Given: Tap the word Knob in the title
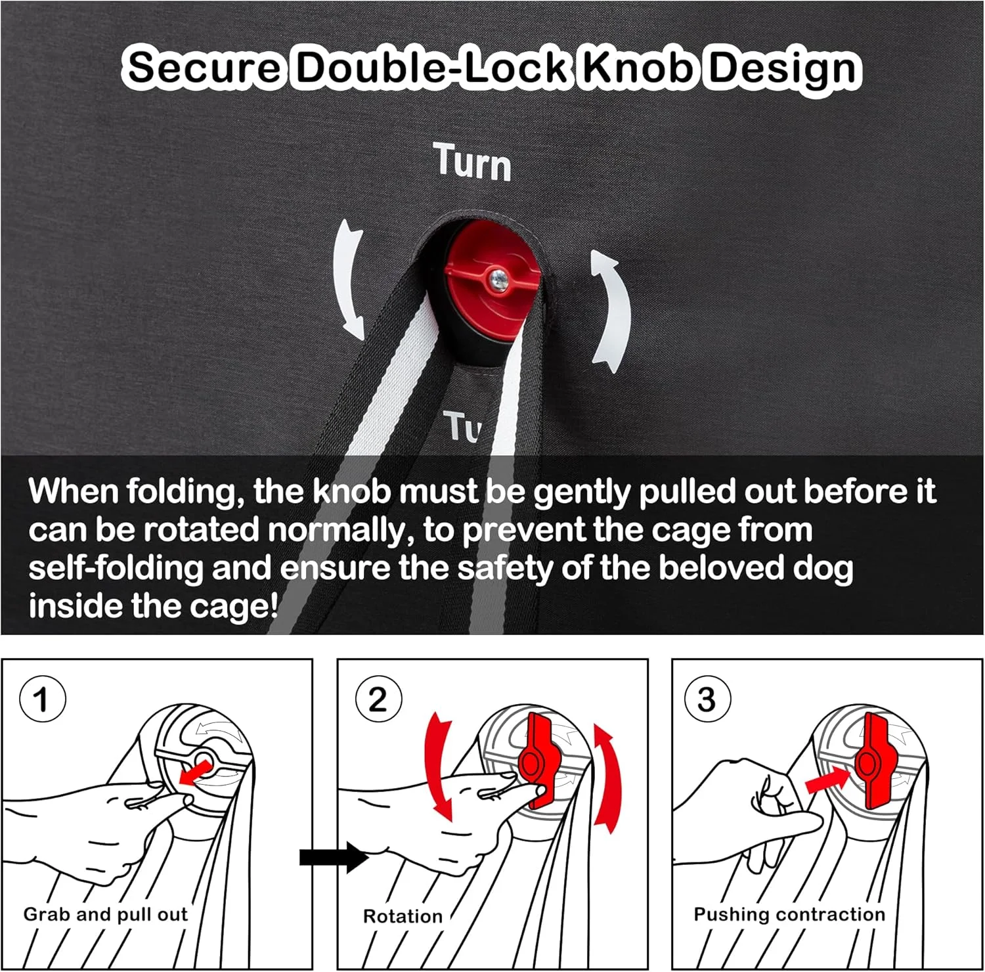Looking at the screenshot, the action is (x=638, y=67).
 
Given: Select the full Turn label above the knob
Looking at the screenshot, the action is (x=472, y=162).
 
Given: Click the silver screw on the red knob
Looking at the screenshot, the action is (x=498, y=278).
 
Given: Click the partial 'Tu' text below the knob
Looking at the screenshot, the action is (x=462, y=426).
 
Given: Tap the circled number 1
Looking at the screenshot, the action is (x=43, y=699).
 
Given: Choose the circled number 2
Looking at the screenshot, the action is (x=378, y=699).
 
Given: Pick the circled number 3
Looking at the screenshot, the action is (x=707, y=699).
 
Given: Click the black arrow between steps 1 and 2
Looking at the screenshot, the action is (x=334, y=857).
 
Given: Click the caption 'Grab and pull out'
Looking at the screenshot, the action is (x=106, y=914).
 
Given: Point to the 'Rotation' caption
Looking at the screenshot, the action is (x=403, y=916).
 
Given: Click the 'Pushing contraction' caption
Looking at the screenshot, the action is (x=789, y=914).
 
